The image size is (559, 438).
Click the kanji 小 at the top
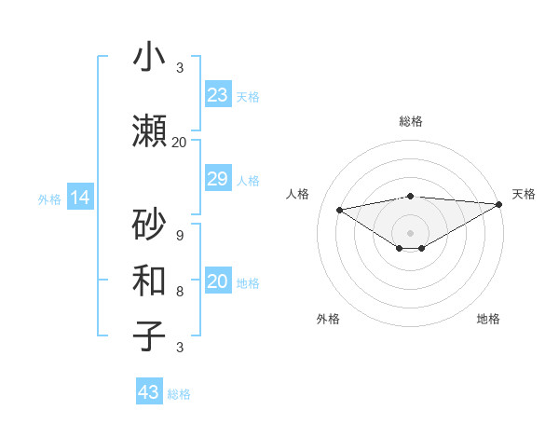coord(149,57)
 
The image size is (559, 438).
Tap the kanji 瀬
coord(149,131)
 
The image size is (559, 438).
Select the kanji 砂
coord(149,225)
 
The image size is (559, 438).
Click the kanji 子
coord(149,335)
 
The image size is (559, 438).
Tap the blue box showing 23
coord(218,95)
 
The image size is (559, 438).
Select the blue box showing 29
coord(218,179)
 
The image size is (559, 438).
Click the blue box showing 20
coord(218,281)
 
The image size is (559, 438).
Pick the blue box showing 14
coord(79,198)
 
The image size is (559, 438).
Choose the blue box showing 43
coord(149,392)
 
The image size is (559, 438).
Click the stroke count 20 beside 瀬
coord(179,142)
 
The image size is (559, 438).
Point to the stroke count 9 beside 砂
coord(179,236)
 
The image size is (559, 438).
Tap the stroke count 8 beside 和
coord(179,292)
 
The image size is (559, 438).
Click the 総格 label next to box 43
coord(179,394)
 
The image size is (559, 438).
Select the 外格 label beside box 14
coord(49,198)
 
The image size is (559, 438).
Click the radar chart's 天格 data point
coord(499,204)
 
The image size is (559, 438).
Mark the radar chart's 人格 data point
coord(339,209)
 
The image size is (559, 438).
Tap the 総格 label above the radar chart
coord(410,121)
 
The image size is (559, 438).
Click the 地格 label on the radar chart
coord(488,319)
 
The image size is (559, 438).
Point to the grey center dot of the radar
coord(410,231)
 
